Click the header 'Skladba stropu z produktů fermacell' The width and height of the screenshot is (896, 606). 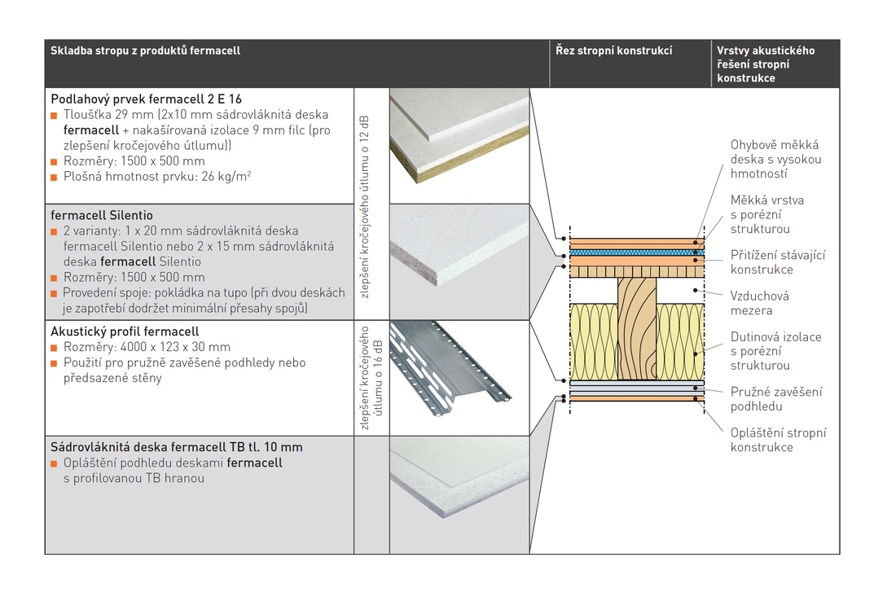click(x=146, y=51)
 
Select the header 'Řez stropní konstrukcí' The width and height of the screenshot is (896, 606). click(x=613, y=51)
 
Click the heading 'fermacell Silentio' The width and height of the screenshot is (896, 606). click(x=101, y=216)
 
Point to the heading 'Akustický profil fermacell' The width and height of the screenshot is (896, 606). click(x=125, y=332)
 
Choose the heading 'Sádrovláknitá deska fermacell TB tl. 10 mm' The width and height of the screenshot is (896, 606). click(x=177, y=447)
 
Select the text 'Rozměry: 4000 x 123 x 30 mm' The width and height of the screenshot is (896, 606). click(x=147, y=347)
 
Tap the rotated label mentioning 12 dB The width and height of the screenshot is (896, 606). click(x=365, y=206)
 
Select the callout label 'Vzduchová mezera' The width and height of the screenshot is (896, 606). click(x=759, y=303)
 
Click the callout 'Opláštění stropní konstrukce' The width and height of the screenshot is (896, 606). click(x=778, y=440)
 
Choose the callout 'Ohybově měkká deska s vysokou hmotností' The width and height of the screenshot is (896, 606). click(x=775, y=159)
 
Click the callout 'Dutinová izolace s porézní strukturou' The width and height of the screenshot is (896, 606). click(x=775, y=350)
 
